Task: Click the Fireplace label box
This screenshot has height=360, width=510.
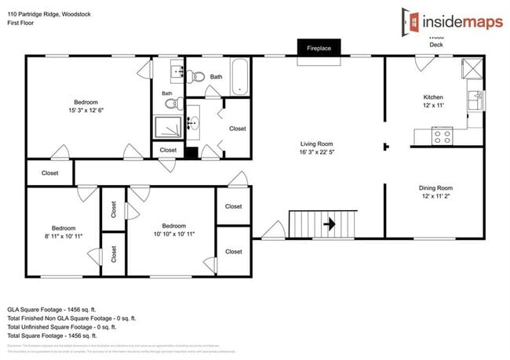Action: (x=319, y=49)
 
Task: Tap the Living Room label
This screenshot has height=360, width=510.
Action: (x=317, y=144)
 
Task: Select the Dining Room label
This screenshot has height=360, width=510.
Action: (x=435, y=188)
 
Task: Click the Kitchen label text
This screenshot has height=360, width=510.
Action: (x=434, y=97)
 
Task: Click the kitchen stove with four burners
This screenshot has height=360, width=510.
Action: (x=443, y=136)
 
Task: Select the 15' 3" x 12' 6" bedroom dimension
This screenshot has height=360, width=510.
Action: (x=86, y=111)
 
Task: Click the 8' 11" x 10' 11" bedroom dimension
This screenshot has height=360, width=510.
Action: (x=64, y=235)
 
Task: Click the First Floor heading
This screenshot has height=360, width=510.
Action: (x=24, y=24)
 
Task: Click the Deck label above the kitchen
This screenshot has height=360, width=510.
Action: (x=436, y=45)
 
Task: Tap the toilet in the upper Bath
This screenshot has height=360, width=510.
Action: (x=196, y=77)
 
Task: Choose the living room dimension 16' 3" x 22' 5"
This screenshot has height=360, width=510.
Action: (x=317, y=153)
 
